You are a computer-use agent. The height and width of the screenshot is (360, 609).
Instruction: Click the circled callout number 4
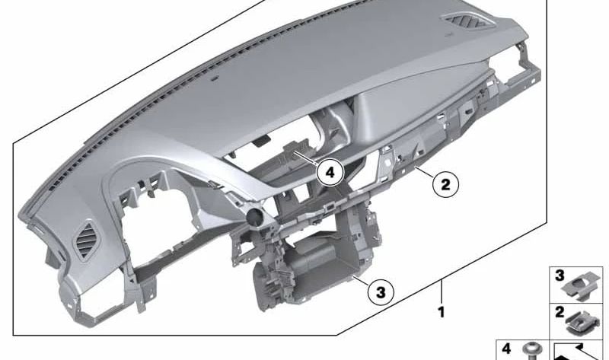[x=329, y=173]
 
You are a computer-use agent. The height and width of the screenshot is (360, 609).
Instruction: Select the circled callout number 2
[x=446, y=183]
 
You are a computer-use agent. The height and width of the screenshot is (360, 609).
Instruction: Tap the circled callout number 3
[x=382, y=290]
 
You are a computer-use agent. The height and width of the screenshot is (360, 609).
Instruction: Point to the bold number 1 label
[x=441, y=311]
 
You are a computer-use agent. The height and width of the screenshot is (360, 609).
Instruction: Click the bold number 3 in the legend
[x=559, y=276]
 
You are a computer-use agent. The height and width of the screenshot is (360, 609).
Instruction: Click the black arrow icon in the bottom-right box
[x=576, y=351]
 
